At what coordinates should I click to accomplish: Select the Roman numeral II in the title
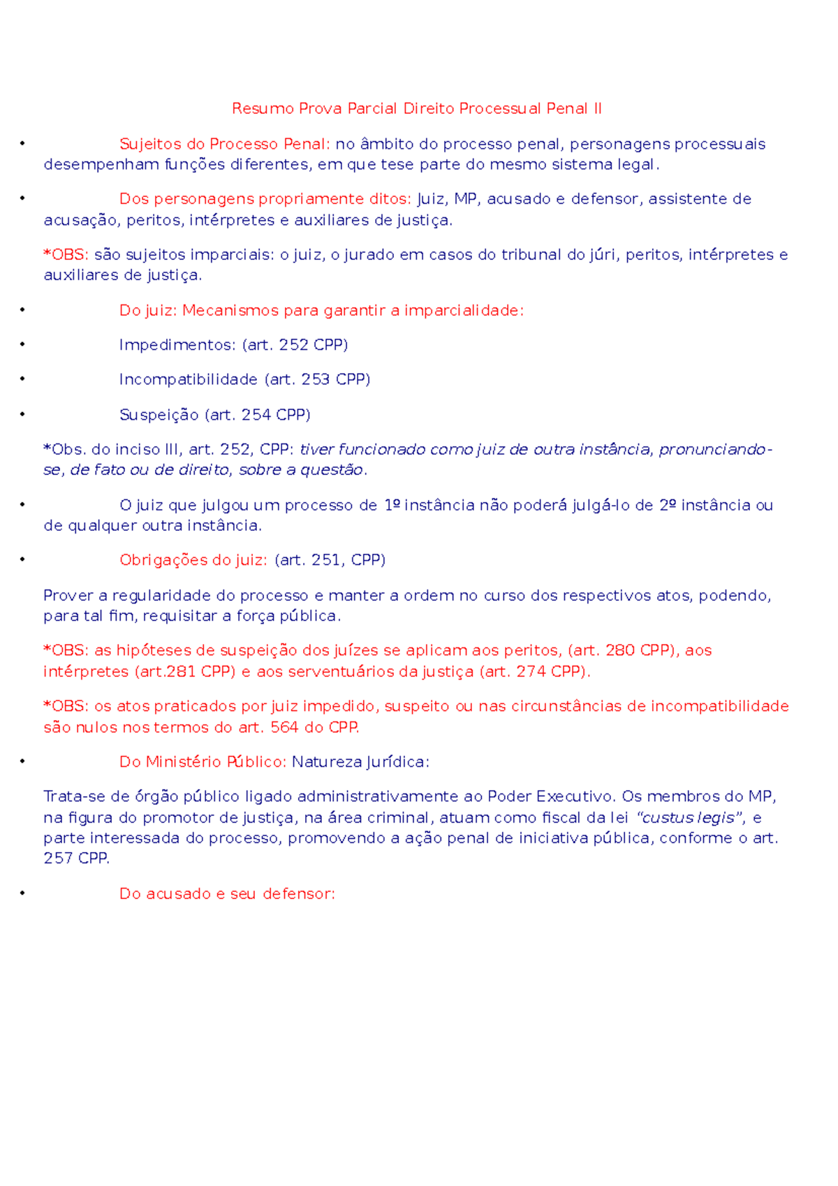click(597, 108)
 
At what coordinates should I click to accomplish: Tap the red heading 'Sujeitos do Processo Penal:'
click(224, 144)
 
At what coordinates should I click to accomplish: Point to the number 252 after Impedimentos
click(293, 344)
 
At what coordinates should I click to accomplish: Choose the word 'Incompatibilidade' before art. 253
click(189, 379)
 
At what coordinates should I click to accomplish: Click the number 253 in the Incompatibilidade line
click(316, 379)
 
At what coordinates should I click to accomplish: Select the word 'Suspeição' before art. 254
click(159, 415)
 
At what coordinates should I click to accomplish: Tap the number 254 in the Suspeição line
click(256, 415)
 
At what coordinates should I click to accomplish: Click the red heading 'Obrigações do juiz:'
click(193, 560)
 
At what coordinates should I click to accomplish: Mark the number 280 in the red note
click(620, 650)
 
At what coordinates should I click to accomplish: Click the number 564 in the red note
click(285, 727)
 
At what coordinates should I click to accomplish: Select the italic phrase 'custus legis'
click(688, 817)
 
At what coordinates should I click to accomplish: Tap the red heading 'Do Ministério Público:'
click(203, 761)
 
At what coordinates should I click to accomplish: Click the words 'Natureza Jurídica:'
click(360, 761)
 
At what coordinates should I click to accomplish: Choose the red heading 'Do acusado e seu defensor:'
click(227, 894)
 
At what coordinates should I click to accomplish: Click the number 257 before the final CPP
click(59, 858)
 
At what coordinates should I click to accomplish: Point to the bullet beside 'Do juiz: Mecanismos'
click(22, 309)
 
